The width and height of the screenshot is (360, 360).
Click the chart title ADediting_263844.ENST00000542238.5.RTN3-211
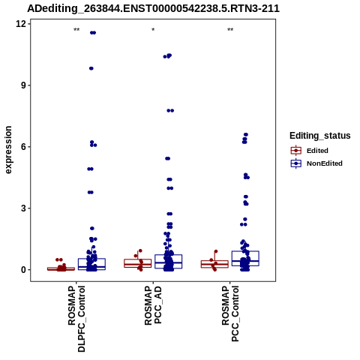point(153,8)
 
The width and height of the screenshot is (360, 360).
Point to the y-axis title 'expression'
point(8,150)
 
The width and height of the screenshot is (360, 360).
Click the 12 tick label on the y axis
point(21,24)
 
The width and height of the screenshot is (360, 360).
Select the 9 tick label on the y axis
point(23,85)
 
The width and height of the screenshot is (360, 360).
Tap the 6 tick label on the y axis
point(23,146)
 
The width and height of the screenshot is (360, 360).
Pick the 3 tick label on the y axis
point(23,208)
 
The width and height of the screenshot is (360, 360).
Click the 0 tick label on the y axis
point(23,269)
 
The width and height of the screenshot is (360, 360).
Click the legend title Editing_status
point(320,136)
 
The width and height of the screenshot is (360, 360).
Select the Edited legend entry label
point(317,151)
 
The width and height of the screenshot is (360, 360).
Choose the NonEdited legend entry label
point(325,163)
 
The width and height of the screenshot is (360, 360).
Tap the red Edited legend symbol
point(296,151)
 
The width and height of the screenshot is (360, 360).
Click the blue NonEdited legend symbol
point(296,163)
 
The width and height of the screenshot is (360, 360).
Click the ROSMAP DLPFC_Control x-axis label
point(76,319)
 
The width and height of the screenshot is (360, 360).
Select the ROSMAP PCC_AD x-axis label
point(153,305)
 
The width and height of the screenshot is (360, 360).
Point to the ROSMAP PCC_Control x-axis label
point(230,313)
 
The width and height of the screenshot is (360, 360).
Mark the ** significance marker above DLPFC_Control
point(76,30)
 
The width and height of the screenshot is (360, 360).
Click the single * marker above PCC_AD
point(153,30)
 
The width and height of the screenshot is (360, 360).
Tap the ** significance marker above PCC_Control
point(230,30)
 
